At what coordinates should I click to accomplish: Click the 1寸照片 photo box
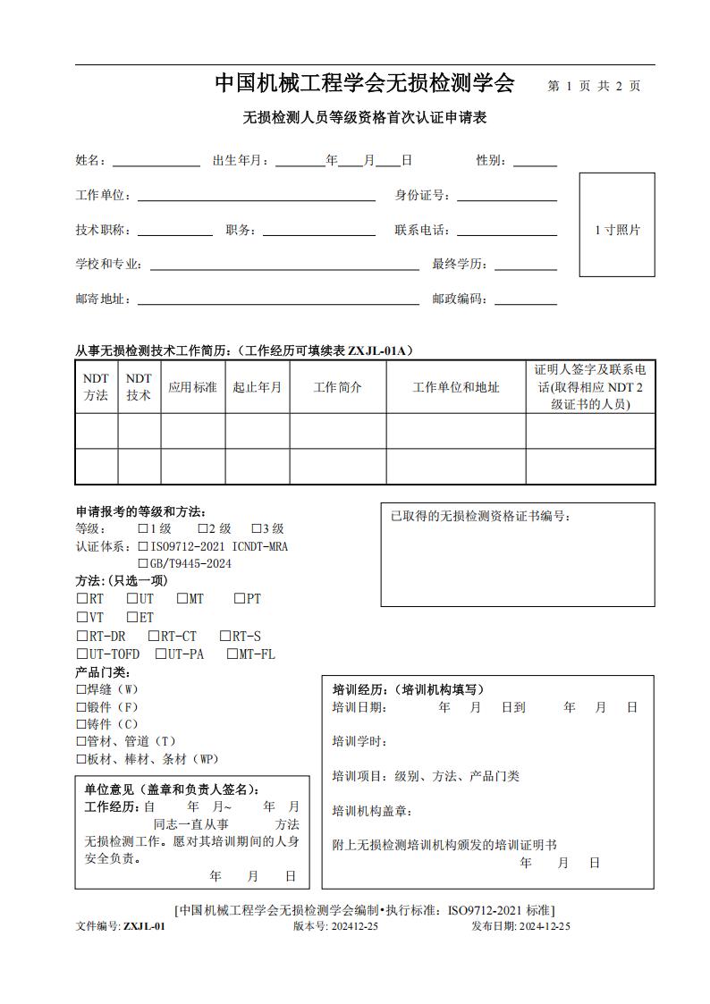pos(617,224)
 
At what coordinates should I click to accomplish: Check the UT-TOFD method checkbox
pos(81,654)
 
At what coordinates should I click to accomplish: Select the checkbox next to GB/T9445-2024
pos(143,564)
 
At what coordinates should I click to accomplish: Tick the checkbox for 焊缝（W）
pos(81,689)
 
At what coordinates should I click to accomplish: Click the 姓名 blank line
pos(156,162)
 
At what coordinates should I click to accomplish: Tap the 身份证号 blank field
pos(506,196)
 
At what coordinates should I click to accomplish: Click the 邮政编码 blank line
pos(525,300)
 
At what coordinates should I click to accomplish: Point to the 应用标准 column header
pos(192,387)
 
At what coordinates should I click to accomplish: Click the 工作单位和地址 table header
pos(455,387)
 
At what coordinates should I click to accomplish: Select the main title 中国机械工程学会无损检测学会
pos(365,84)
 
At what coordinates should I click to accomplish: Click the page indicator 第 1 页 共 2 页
pos(594,87)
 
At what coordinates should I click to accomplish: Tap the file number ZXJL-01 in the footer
pos(144,926)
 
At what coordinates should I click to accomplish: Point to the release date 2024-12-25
pos(545,926)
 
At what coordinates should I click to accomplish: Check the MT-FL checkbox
pos(232,654)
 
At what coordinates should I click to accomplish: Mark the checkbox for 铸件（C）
pos(81,724)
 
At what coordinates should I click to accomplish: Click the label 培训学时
pos(359,741)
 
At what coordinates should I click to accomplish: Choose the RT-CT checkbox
pos(154,637)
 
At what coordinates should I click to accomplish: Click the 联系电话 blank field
pos(506,231)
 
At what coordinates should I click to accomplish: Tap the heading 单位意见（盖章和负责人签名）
pos(173,789)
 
